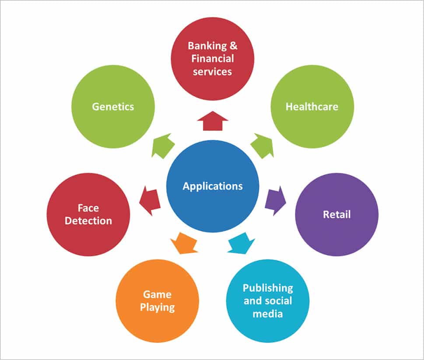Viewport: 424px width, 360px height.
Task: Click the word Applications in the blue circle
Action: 212,186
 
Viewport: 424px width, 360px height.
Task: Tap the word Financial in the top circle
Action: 213,58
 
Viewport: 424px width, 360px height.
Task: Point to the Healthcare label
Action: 312,106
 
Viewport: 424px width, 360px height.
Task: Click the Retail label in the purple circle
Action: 336,214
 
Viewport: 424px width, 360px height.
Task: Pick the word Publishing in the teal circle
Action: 268,288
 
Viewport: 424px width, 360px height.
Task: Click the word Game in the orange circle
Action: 157,294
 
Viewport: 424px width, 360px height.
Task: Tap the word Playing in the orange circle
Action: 157,307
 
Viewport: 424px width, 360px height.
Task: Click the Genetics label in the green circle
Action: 113,106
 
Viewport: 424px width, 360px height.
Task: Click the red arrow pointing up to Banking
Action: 212,120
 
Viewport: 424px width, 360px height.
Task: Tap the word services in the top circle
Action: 212,71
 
